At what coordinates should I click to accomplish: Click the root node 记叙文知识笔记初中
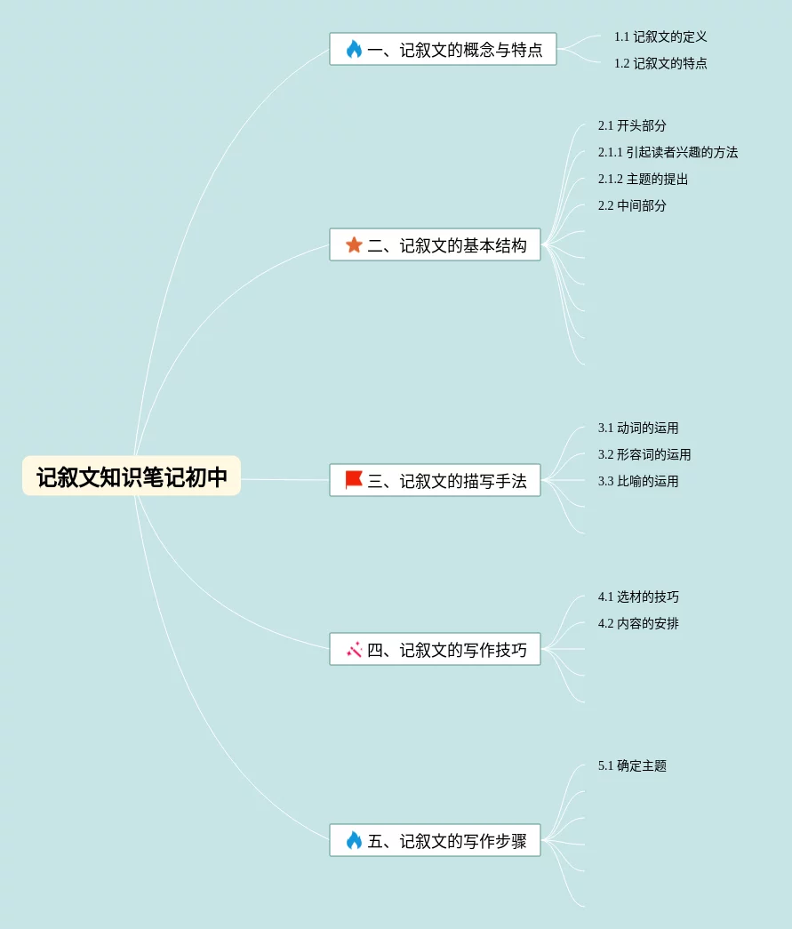coord(132,477)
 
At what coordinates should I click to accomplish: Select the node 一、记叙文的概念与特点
coord(443,50)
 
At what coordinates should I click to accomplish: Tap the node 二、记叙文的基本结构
coord(435,245)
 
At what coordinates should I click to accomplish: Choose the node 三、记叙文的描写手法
coord(435,481)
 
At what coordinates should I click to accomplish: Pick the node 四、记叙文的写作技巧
coord(435,650)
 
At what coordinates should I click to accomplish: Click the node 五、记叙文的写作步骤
coord(435,841)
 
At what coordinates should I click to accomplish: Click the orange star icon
coord(354,244)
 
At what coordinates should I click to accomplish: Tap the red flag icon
coord(354,480)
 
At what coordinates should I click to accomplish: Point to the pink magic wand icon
coord(354,650)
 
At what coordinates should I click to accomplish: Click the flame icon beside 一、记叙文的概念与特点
coord(354,49)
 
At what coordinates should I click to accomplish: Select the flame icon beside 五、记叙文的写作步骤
coord(354,840)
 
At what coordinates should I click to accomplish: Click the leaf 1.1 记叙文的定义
coord(660,37)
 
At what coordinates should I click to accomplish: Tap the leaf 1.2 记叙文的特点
coord(660,64)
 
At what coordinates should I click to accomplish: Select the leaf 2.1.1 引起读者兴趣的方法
coord(668,153)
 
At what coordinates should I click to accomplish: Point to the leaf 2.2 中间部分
coord(632,206)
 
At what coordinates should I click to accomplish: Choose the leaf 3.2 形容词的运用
coord(644,455)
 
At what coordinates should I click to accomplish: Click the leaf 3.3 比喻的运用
coord(638,482)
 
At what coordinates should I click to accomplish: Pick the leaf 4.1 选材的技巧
coord(638,597)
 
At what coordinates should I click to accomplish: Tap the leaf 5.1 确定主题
coord(632,766)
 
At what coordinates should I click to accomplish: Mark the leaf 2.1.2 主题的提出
coord(643,180)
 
